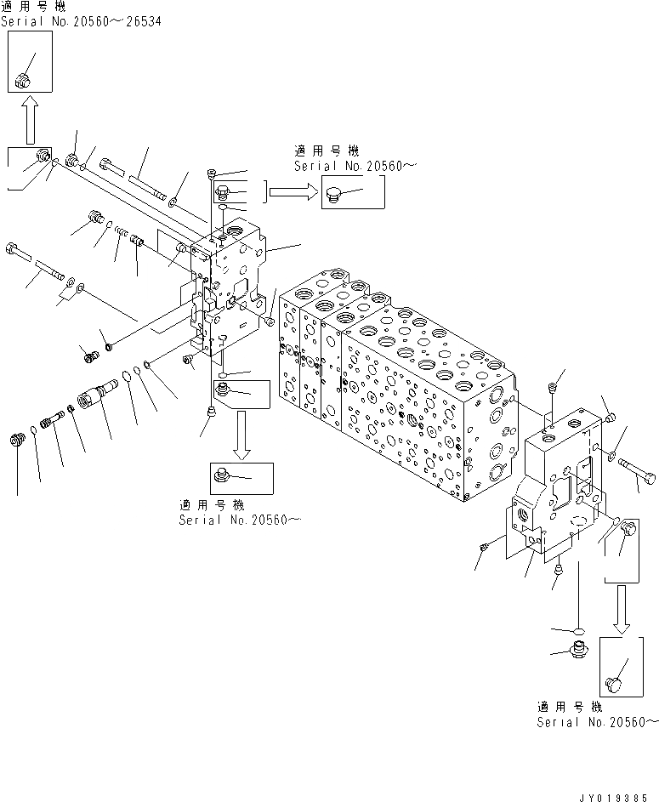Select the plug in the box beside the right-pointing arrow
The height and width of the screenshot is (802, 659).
334,196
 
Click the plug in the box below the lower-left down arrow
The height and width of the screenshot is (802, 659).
224,473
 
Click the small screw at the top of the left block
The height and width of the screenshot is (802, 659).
210,175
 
